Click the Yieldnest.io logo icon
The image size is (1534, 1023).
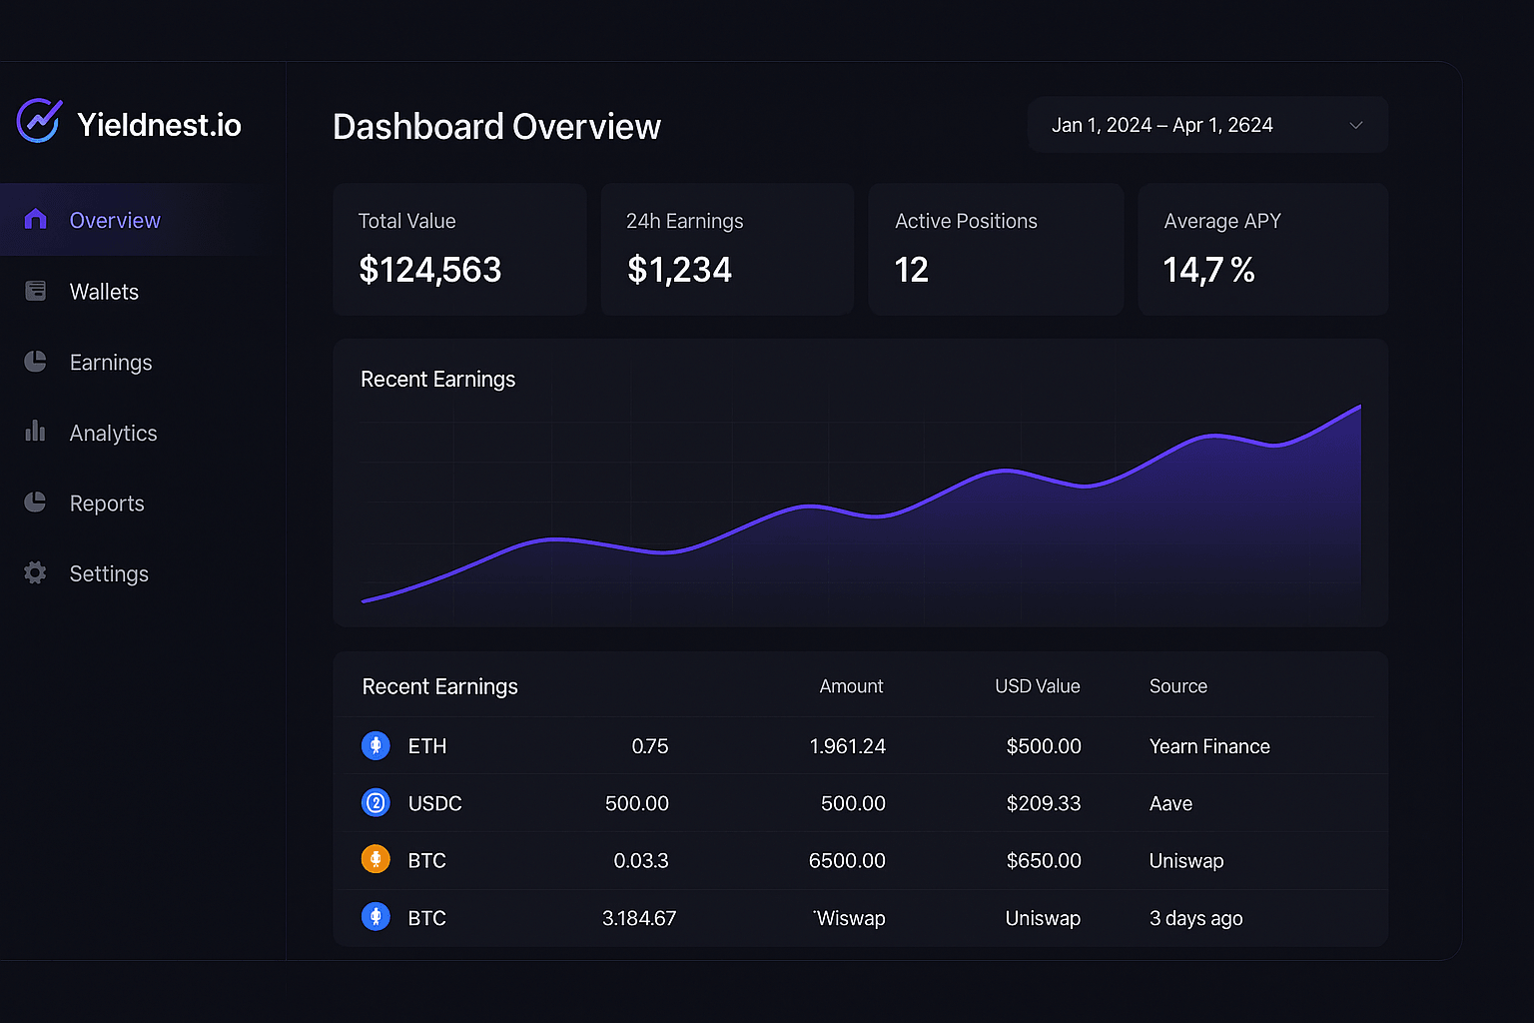(39, 122)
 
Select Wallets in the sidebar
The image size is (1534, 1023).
(104, 292)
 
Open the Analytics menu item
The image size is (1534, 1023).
(113, 433)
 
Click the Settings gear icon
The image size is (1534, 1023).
(35, 573)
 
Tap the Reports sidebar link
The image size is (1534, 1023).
(107, 504)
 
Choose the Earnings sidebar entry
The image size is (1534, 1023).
(111, 363)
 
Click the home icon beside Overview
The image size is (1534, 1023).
(35, 220)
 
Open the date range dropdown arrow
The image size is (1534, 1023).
(1355, 125)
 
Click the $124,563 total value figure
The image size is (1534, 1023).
(429, 270)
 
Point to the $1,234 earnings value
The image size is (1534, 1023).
(679, 270)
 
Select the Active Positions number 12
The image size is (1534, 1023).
(911, 270)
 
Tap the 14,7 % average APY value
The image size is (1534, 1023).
(1208, 270)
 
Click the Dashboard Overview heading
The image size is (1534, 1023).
(496, 127)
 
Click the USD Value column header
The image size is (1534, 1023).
(1037, 686)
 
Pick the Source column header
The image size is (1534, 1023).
(1177, 686)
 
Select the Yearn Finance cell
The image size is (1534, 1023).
(1209, 746)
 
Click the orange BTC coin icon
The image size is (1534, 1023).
(376, 859)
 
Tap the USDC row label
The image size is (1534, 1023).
(434, 803)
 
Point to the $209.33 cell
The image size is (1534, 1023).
(1043, 803)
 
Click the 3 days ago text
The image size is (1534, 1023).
(1195, 918)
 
